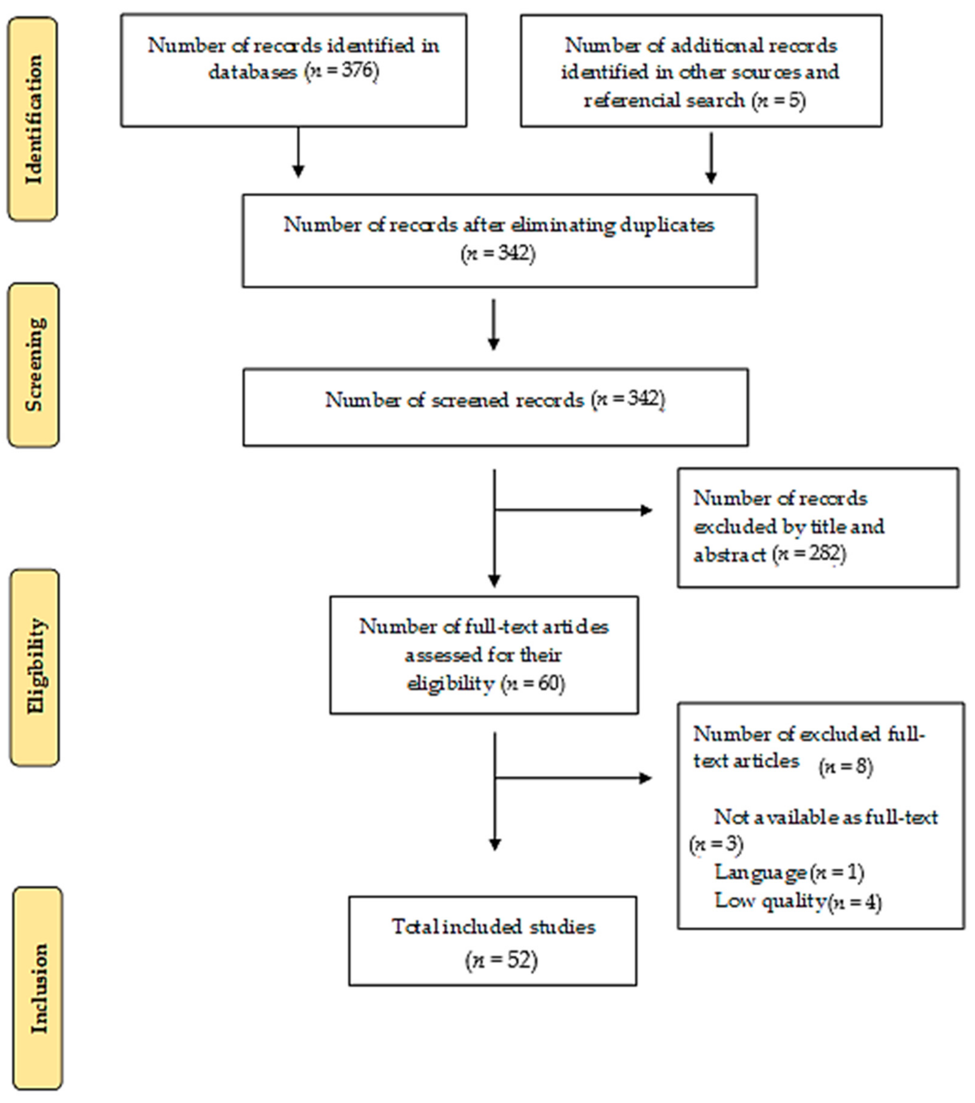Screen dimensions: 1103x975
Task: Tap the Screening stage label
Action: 34,365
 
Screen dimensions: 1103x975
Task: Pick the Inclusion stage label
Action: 38,989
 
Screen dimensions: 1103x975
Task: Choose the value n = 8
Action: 845,767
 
